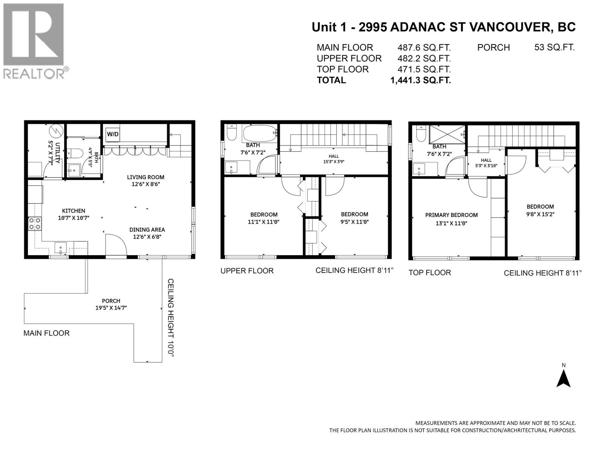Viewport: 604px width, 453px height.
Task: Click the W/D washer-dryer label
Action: pyautogui.click(x=112, y=134)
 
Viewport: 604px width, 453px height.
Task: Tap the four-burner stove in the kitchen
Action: pyautogui.click(x=35, y=223)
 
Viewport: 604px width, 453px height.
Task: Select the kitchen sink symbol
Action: pyautogui.click(x=60, y=248)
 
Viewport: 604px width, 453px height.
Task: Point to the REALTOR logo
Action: pyautogui.click(x=35, y=41)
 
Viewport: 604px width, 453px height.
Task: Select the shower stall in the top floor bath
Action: pyautogui.click(x=447, y=134)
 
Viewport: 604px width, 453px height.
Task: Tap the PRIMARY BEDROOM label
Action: pyautogui.click(x=451, y=215)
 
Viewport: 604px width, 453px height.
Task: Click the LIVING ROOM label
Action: pyautogui.click(x=146, y=177)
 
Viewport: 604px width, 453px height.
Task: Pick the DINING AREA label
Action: pyautogui.click(x=147, y=230)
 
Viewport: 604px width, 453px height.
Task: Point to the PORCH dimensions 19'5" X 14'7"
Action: pyautogui.click(x=111, y=308)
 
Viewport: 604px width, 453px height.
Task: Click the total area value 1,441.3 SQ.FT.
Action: pyautogui.click(x=421, y=80)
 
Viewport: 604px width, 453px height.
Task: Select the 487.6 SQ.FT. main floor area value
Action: pyautogui.click(x=424, y=48)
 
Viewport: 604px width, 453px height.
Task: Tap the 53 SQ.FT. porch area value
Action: pyautogui.click(x=555, y=47)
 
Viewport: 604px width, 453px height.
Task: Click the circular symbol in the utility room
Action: pyautogui.click(x=54, y=131)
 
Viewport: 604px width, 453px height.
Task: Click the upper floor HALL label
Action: pyautogui.click(x=334, y=156)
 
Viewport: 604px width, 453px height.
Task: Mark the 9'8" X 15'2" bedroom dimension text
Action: pyautogui.click(x=540, y=214)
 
